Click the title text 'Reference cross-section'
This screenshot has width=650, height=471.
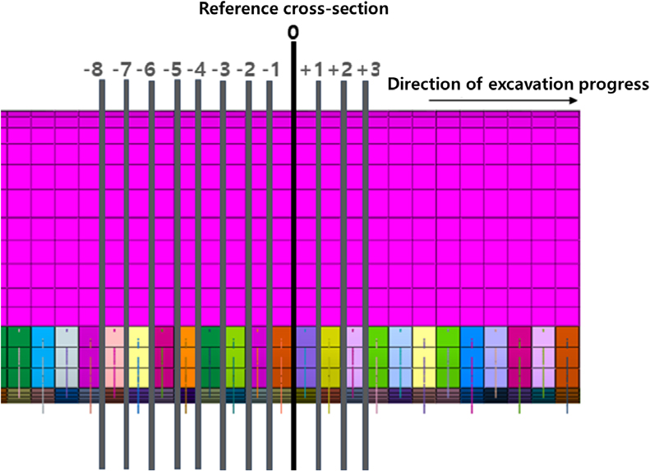pyautogui.click(x=293, y=9)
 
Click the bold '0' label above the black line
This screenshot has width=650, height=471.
pyautogui.click(x=293, y=33)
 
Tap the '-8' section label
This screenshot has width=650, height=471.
pyautogui.click(x=94, y=70)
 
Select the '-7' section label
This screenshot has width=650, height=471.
pyautogui.click(x=122, y=70)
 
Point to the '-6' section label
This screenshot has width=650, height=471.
pyautogui.click(x=146, y=70)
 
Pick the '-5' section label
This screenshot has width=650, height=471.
pyautogui.click(x=173, y=70)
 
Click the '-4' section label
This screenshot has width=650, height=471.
pyautogui.click(x=196, y=70)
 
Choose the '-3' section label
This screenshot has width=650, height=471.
pyautogui.click(x=221, y=70)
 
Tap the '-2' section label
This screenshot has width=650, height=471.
pyautogui.click(x=247, y=70)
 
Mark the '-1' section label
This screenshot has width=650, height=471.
pyautogui.click(x=271, y=70)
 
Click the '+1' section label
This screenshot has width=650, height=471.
pyautogui.click(x=311, y=70)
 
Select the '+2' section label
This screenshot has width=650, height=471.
pyautogui.click(x=340, y=70)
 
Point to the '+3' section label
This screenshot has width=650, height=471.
pyautogui.click(x=368, y=70)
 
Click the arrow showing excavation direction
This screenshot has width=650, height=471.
pyautogui.click(x=503, y=101)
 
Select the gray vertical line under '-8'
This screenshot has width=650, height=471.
pyautogui.click(x=103, y=274)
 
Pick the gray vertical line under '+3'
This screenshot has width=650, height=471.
pyautogui.click(x=365, y=275)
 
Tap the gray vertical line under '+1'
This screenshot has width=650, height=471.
pyautogui.click(x=318, y=275)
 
